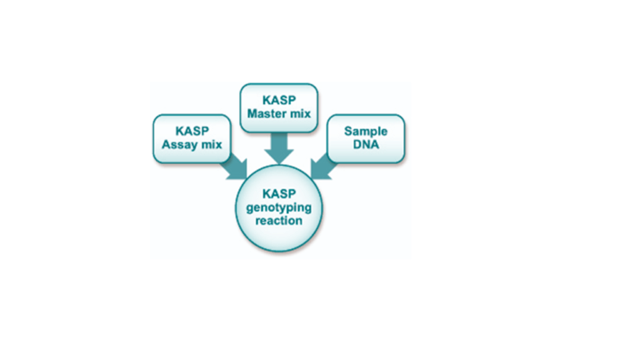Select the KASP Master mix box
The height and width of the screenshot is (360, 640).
pyautogui.click(x=279, y=107)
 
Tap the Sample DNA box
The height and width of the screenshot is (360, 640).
pyautogui.click(x=366, y=138)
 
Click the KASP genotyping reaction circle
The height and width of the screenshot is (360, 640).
pyautogui.click(x=278, y=208)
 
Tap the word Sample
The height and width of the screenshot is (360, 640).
pyautogui.click(x=366, y=132)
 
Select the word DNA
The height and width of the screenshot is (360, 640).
pyautogui.click(x=366, y=145)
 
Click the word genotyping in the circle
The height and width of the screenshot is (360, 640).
pyautogui.click(x=278, y=208)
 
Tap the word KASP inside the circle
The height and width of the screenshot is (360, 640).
pyautogui.click(x=278, y=195)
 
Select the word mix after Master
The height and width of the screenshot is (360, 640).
pyautogui.click(x=300, y=114)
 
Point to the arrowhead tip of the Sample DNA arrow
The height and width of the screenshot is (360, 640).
pyautogui.click(x=313, y=177)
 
